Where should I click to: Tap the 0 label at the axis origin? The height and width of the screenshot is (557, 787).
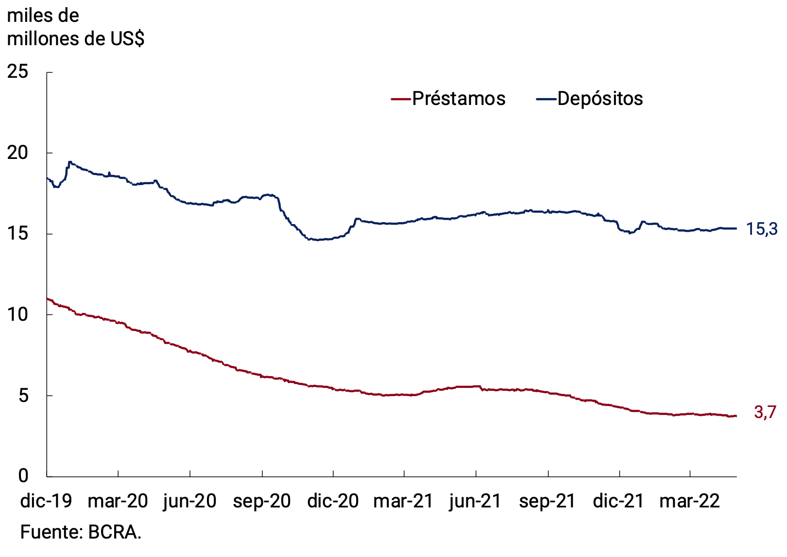click(x=23, y=476)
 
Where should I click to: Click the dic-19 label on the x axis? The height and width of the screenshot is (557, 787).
click(x=46, y=501)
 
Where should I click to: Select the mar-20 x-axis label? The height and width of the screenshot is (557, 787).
click(x=118, y=501)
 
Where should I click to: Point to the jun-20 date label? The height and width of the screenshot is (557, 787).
click(x=189, y=501)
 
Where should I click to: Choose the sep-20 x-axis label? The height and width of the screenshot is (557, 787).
click(x=261, y=501)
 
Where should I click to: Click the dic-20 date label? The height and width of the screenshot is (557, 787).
click(x=333, y=501)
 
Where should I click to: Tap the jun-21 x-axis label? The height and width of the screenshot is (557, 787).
click(x=475, y=501)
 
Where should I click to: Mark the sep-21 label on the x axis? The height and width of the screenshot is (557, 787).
click(x=547, y=501)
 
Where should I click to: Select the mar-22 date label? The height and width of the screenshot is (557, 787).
click(x=689, y=501)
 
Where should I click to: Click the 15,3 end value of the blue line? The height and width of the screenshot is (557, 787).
click(x=761, y=228)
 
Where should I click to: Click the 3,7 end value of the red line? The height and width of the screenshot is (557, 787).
click(x=765, y=413)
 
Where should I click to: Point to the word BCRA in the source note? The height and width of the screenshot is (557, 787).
click(x=114, y=532)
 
